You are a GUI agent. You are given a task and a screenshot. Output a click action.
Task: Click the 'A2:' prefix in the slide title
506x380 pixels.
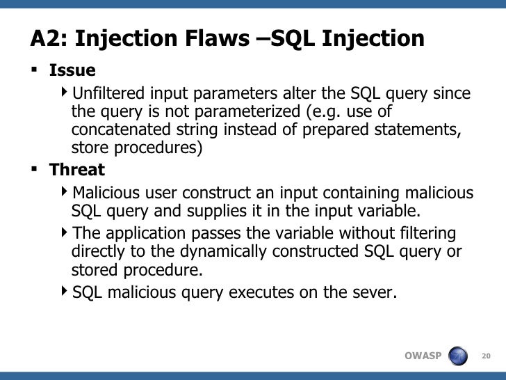click(48, 39)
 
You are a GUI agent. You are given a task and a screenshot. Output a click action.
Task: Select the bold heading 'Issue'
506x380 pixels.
click(72, 70)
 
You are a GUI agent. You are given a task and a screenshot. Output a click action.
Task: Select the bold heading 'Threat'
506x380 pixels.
click(76, 170)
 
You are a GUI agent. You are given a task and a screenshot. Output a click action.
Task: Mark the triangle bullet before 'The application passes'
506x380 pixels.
click(65, 232)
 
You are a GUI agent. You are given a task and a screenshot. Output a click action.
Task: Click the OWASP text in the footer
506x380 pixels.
click(423, 356)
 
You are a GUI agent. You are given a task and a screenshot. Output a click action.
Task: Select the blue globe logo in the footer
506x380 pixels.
click(459, 356)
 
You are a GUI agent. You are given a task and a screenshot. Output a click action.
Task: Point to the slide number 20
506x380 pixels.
click(486, 356)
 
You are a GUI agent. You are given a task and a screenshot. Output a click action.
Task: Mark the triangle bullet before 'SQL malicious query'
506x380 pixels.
click(65, 292)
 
